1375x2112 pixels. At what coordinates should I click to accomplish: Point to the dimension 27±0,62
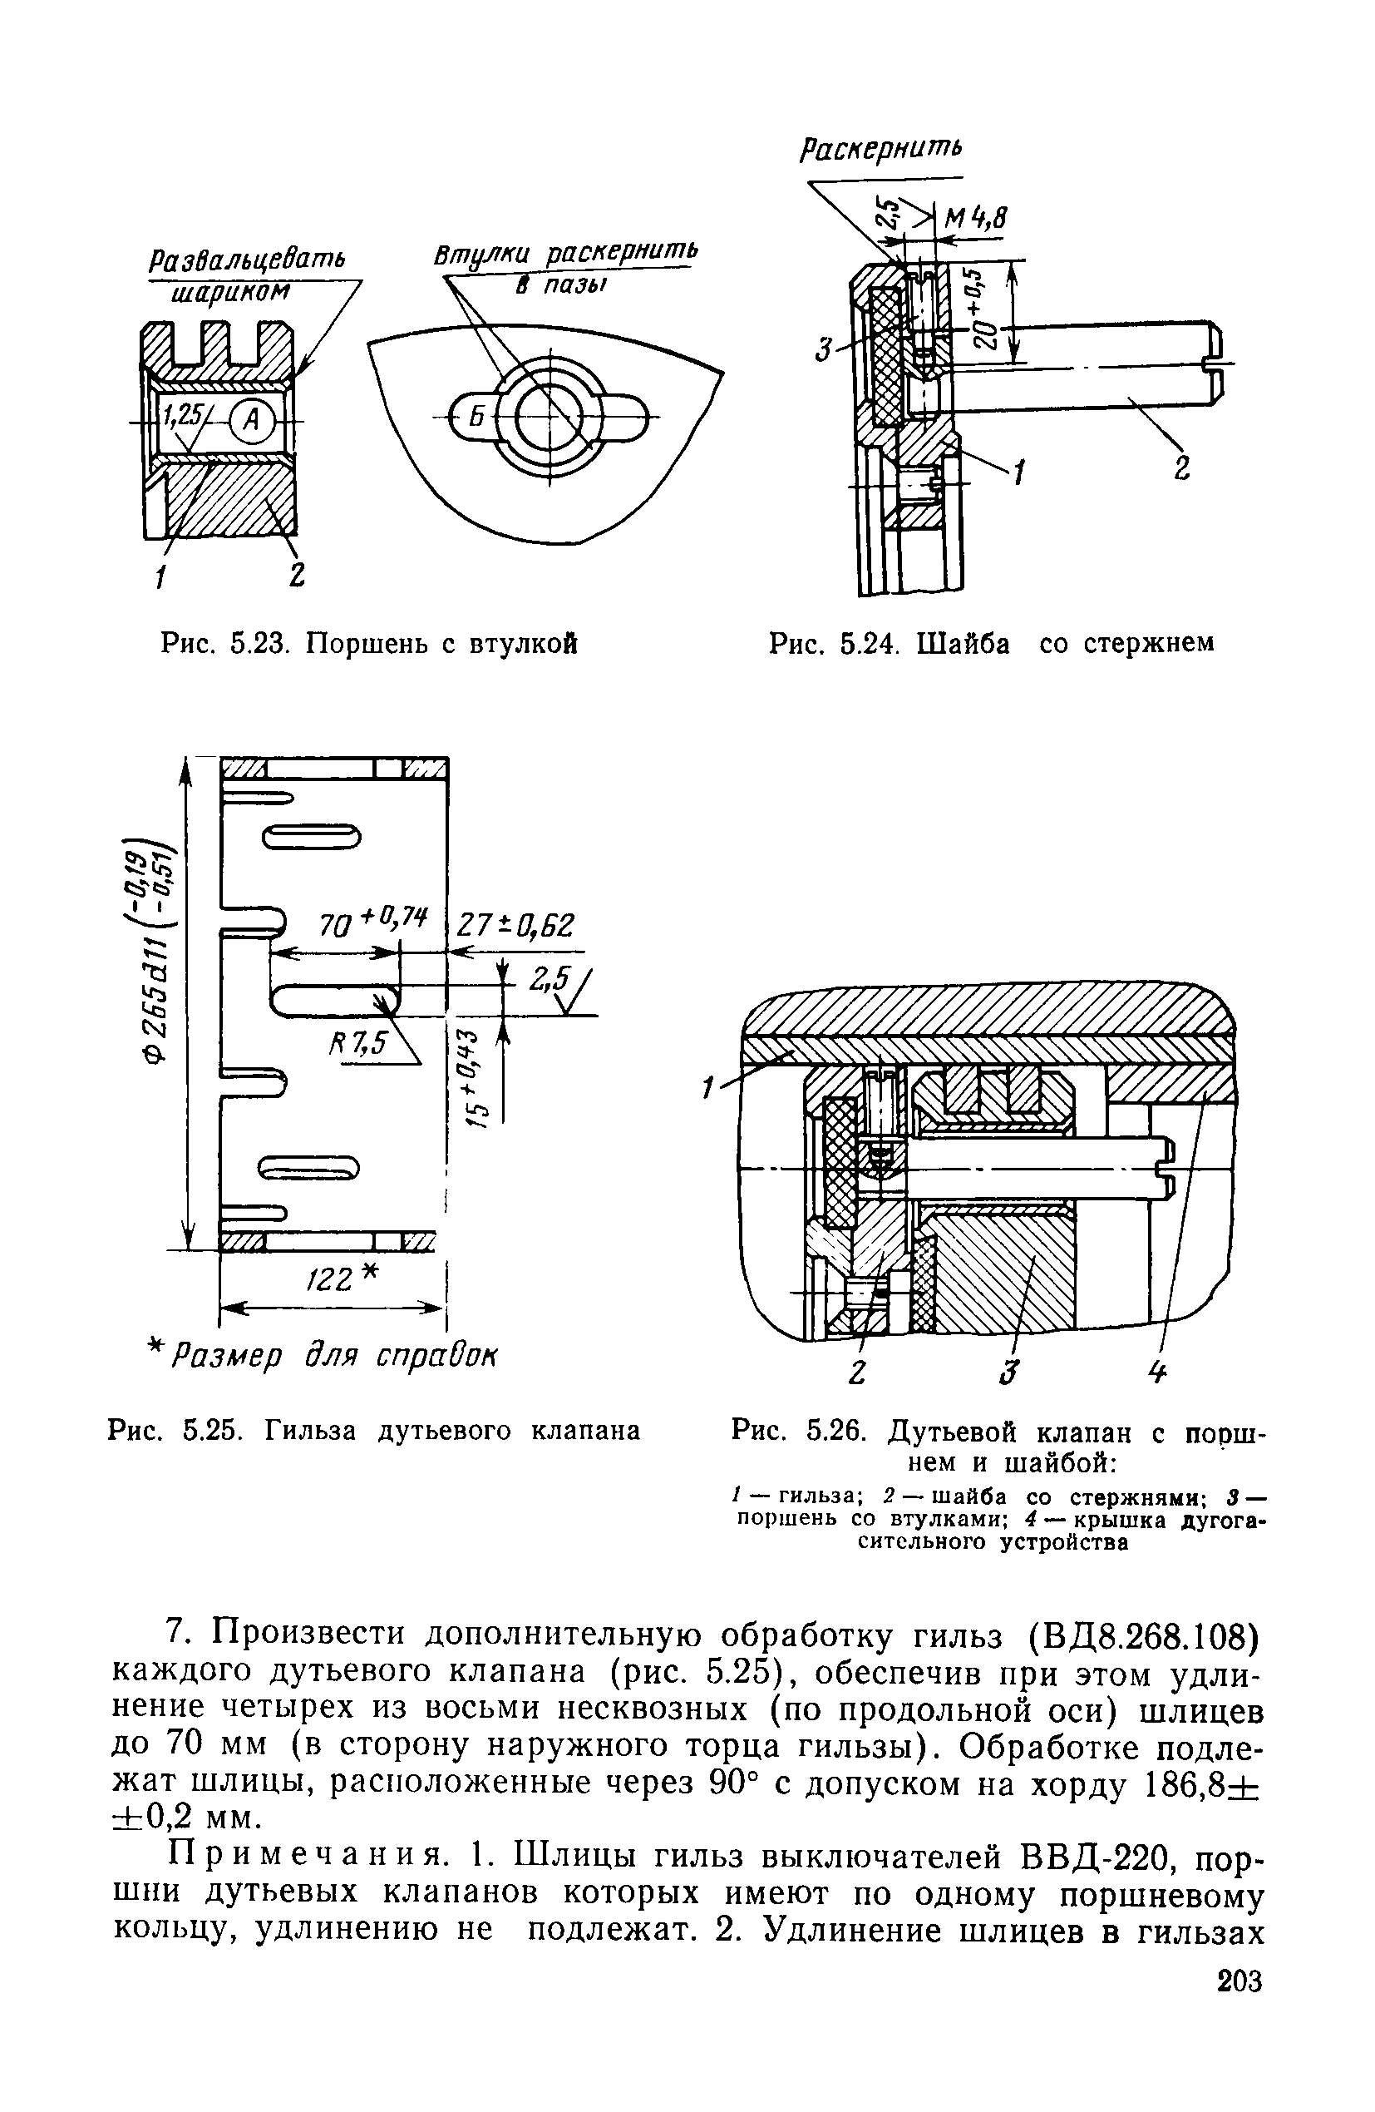click(x=515, y=926)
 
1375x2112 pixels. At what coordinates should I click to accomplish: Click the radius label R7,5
click(x=358, y=1044)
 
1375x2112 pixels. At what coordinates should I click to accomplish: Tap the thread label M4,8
click(x=979, y=217)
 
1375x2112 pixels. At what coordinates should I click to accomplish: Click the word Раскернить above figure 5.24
click(x=880, y=148)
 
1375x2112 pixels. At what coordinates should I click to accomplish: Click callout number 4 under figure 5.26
click(x=1158, y=1372)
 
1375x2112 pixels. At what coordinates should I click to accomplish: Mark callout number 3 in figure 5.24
click(x=822, y=353)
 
